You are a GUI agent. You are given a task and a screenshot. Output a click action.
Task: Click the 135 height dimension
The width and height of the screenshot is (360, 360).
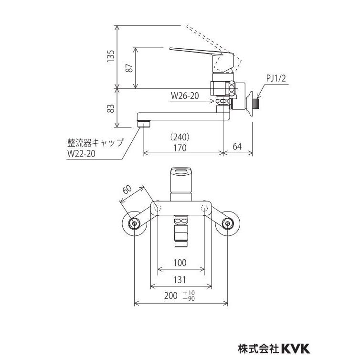click(111, 56)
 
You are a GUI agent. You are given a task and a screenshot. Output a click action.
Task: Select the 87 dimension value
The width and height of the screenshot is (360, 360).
click(130, 67)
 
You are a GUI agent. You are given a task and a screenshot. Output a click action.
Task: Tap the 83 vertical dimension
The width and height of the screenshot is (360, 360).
click(111, 108)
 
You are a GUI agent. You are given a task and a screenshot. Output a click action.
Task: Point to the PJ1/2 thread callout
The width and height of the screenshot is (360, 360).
click(276, 78)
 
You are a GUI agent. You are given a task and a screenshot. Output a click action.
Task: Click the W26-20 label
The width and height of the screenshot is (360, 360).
click(185, 96)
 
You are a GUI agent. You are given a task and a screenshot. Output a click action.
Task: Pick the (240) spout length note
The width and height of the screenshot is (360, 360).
click(180, 138)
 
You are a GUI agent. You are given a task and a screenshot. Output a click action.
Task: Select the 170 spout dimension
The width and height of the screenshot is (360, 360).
click(180, 148)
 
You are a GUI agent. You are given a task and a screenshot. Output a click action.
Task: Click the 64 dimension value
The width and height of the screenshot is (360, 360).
click(237, 146)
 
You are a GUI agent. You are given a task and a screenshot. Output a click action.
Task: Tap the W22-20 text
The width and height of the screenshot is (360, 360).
click(81, 154)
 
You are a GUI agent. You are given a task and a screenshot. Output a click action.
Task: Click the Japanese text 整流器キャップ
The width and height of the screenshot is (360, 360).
click(95, 143)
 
